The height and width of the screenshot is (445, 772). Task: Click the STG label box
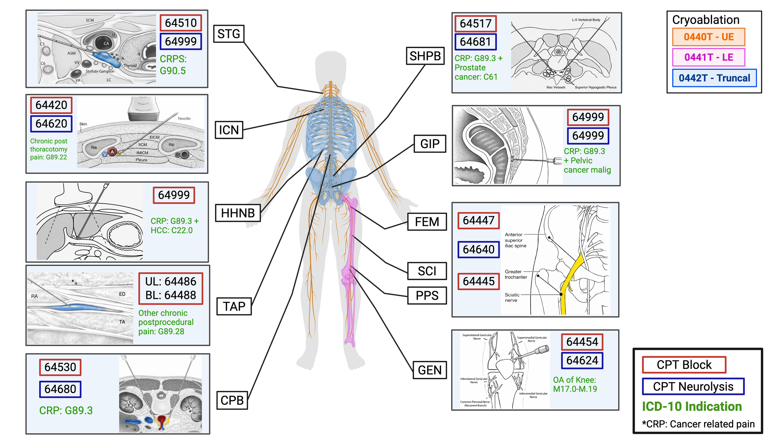[229, 34]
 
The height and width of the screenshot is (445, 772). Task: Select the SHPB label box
[425, 56]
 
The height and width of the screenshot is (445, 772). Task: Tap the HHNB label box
[238, 213]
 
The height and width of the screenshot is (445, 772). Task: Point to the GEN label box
[430, 370]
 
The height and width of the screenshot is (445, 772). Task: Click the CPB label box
[232, 400]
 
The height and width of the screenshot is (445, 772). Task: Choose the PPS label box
[427, 296]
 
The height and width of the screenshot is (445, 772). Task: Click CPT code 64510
[181, 23]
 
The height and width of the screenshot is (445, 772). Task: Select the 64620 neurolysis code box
[51, 124]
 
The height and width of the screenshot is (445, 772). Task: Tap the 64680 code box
[60, 389]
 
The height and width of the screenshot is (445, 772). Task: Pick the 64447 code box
[478, 220]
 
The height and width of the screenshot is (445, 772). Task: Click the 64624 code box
[582, 360]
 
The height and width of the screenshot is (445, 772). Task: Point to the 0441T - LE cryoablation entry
[709, 57]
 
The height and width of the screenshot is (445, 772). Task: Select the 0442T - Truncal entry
[714, 78]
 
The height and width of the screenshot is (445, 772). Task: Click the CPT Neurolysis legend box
[693, 386]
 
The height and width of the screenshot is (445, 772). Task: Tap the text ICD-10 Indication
[692, 406]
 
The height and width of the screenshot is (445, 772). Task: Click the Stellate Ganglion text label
[100, 71]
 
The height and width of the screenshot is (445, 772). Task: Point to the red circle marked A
[112, 152]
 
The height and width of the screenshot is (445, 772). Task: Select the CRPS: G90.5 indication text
[173, 65]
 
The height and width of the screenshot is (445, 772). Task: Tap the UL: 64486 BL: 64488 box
[171, 289]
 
